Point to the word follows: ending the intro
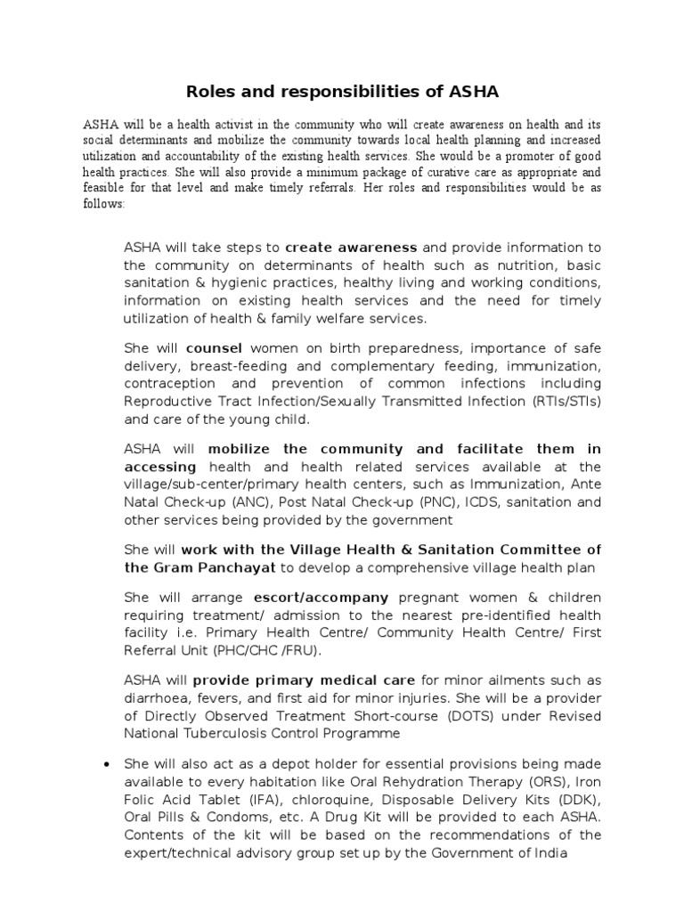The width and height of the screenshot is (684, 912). pyautogui.click(x=107, y=204)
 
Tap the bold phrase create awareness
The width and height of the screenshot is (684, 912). pyautogui.click(x=352, y=247)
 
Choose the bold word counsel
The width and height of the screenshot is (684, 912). pyautogui.click(x=214, y=348)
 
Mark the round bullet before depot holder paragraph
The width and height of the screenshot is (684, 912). pyautogui.click(x=107, y=764)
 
